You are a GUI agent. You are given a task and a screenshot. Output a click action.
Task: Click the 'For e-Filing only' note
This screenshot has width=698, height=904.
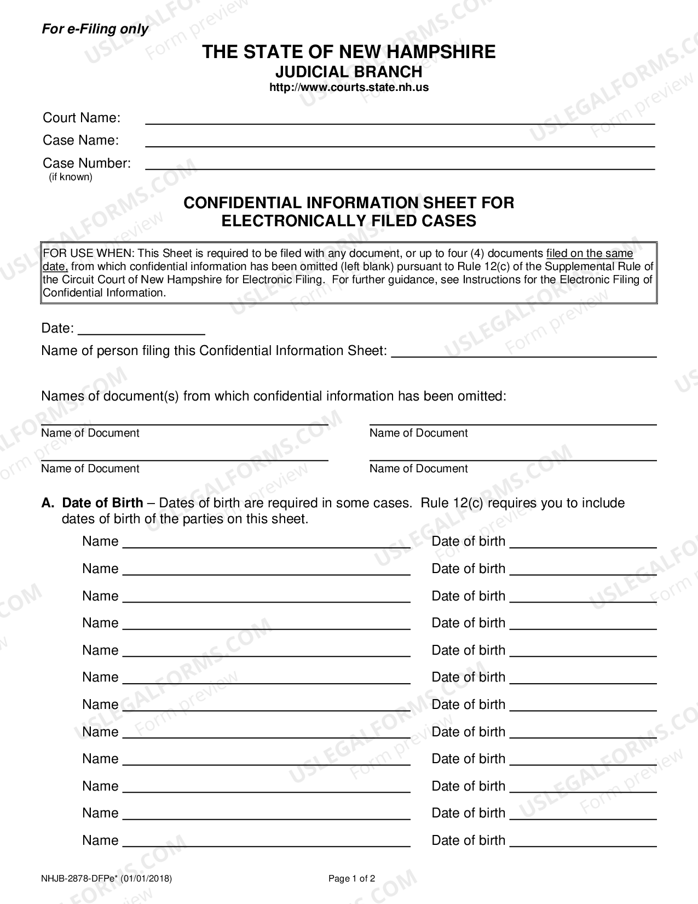[x=95, y=29]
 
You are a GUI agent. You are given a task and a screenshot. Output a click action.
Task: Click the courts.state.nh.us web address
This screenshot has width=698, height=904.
[x=349, y=87]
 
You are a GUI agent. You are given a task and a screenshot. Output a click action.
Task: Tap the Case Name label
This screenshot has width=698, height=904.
[x=80, y=140]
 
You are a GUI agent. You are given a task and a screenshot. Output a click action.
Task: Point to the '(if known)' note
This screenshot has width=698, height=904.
[x=71, y=177]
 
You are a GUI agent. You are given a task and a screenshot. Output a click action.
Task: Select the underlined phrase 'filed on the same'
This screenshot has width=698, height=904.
[x=590, y=253]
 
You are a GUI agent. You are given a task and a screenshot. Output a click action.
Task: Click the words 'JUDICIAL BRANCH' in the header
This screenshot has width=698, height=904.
[x=349, y=72]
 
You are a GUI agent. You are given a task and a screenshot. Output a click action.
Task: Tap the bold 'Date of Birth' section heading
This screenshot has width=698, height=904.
[x=102, y=503]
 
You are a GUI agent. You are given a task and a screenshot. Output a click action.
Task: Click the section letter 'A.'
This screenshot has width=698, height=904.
[x=48, y=503]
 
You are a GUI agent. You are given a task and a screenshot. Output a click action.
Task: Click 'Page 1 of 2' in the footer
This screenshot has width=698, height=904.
[x=351, y=878]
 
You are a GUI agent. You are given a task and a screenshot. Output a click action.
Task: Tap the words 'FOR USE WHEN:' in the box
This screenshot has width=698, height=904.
[x=89, y=253]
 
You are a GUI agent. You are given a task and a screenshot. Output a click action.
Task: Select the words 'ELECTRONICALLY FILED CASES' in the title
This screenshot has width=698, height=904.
[x=349, y=221]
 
